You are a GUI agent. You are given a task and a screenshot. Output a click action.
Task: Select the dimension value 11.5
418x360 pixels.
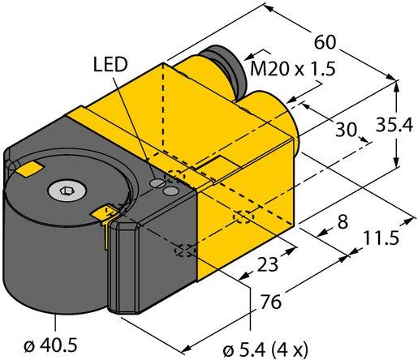point(381,241)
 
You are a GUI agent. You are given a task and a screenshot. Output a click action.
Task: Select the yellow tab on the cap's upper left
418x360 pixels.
point(29,168)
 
